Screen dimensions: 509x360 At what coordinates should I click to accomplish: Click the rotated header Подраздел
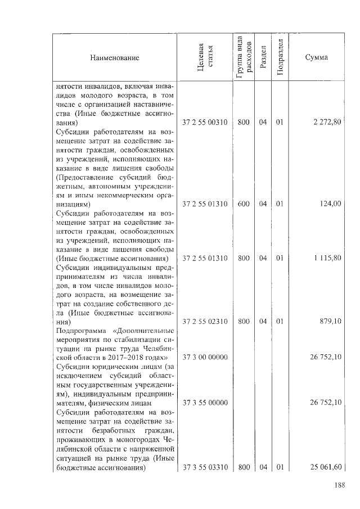click(280, 58)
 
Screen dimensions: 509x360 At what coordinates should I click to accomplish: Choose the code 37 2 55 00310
click(205, 122)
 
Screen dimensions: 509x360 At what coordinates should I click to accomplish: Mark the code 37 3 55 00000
click(205, 402)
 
